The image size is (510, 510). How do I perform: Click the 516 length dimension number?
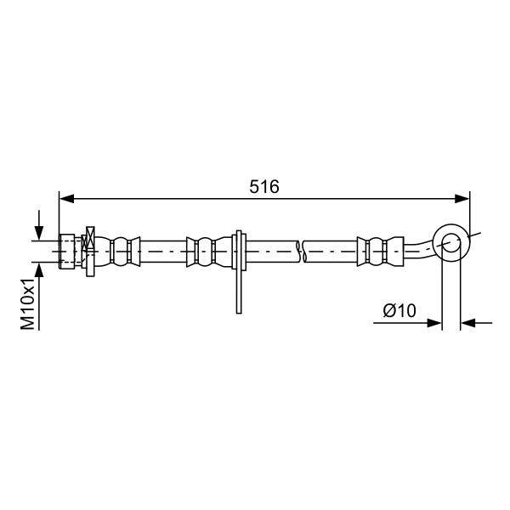264,187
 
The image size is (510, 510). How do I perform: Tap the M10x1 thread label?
28,303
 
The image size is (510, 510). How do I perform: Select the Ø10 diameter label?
399,310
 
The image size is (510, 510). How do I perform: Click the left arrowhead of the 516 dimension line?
66,198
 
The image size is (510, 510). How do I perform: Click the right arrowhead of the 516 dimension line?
462,198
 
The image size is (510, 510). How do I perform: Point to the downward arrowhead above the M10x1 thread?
39,234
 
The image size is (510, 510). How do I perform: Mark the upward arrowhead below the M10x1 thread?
39,269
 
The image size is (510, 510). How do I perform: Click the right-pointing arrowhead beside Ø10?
434,323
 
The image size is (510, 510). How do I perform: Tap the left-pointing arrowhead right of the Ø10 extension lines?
468,323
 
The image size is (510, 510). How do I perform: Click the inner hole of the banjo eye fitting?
451,242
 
